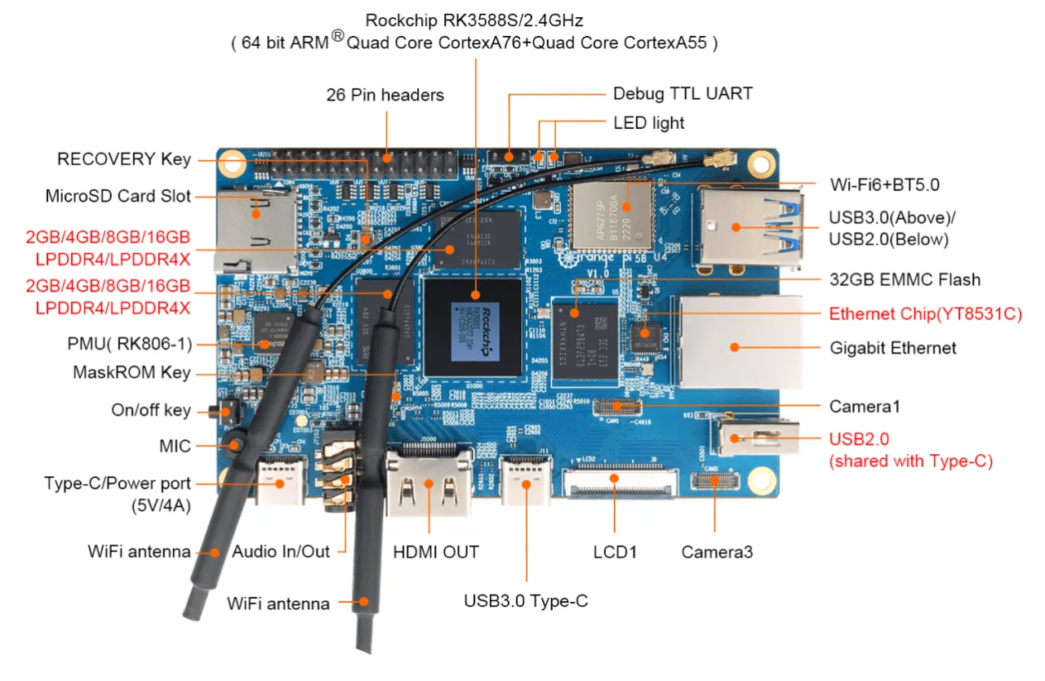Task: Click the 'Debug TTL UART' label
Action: (683, 93)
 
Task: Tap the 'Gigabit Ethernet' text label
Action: (892, 348)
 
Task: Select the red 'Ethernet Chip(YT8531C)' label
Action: (925, 314)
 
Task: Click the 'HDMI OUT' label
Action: (436, 551)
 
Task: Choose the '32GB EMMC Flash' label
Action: (905, 279)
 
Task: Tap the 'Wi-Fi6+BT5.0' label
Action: (884, 185)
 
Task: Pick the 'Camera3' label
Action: (717, 553)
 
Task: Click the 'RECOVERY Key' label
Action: (124, 159)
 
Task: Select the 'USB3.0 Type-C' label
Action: (526, 602)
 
